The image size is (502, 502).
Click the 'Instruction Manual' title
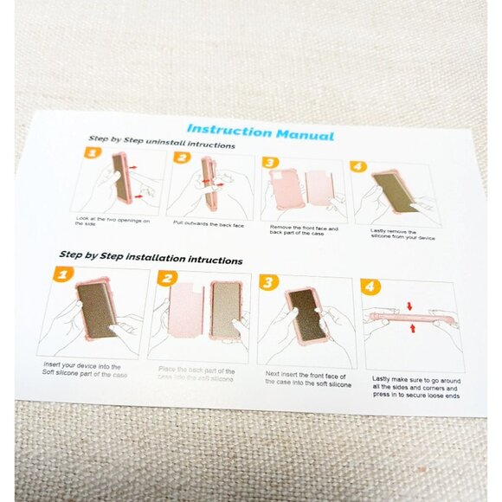[260, 132]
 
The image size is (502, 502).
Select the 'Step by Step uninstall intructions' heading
[161, 144]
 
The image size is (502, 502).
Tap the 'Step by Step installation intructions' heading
[151, 258]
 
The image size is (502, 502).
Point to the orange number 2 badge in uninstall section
[181, 158]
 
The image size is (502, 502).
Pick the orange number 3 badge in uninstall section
[269, 162]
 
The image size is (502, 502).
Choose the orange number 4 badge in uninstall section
[357, 165]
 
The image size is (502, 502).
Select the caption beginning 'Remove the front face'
[303, 230]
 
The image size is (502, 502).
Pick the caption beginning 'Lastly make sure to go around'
[416, 387]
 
